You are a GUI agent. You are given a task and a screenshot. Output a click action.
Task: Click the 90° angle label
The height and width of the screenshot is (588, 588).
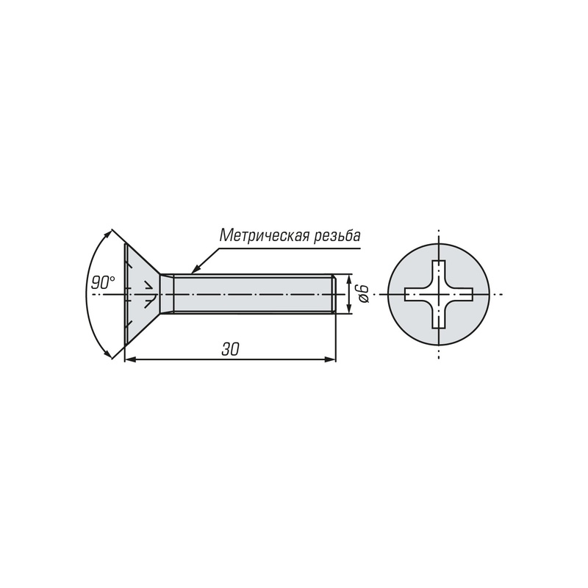[103, 282]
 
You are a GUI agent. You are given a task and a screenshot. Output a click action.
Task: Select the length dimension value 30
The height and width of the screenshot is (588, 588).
[230, 350]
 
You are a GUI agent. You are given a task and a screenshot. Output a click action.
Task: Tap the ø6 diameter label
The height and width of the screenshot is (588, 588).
[363, 293]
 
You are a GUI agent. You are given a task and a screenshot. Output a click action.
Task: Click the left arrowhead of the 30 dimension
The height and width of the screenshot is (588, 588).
[130, 359]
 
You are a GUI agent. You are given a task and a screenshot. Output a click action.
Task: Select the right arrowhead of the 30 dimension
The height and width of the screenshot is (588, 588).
[330, 359]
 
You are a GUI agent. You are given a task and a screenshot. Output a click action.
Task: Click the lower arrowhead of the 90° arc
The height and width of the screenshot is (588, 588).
[107, 354]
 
